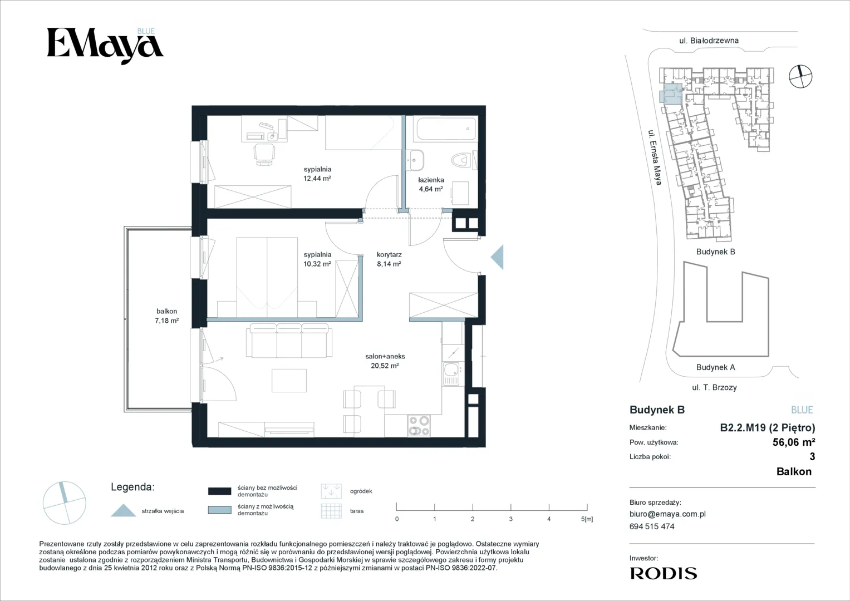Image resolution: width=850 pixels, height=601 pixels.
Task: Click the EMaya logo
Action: click(105, 46)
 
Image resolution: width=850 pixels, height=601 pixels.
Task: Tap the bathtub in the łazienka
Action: click(446, 129)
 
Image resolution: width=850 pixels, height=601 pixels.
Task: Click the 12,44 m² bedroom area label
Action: click(317, 178)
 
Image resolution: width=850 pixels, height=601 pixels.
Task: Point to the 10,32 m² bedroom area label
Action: click(317, 264)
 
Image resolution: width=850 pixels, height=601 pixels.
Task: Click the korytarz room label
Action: click(389, 255)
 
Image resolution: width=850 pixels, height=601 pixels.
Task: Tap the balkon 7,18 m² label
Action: click(166, 316)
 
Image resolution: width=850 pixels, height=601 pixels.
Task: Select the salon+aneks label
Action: click(385, 356)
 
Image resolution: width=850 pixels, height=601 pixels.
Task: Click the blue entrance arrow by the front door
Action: click(497, 257)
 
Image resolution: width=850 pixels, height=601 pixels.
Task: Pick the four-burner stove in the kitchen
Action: click(419, 425)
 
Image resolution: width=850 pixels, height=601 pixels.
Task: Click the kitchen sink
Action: click(452, 374)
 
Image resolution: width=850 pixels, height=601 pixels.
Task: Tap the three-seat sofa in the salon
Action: click(289, 341)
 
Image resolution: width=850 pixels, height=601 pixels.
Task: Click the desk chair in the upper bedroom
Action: click(264, 154)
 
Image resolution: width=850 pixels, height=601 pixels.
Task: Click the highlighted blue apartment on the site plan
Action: click(671, 93)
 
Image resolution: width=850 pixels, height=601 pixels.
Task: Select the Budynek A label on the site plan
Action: click(716, 367)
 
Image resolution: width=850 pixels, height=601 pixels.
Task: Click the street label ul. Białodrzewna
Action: click(709, 41)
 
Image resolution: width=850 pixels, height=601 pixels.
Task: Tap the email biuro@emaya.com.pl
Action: click(667, 514)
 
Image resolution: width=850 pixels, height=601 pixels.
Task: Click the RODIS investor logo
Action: click(664, 573)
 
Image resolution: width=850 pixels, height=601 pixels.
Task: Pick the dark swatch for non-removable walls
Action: click(220, 491)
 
